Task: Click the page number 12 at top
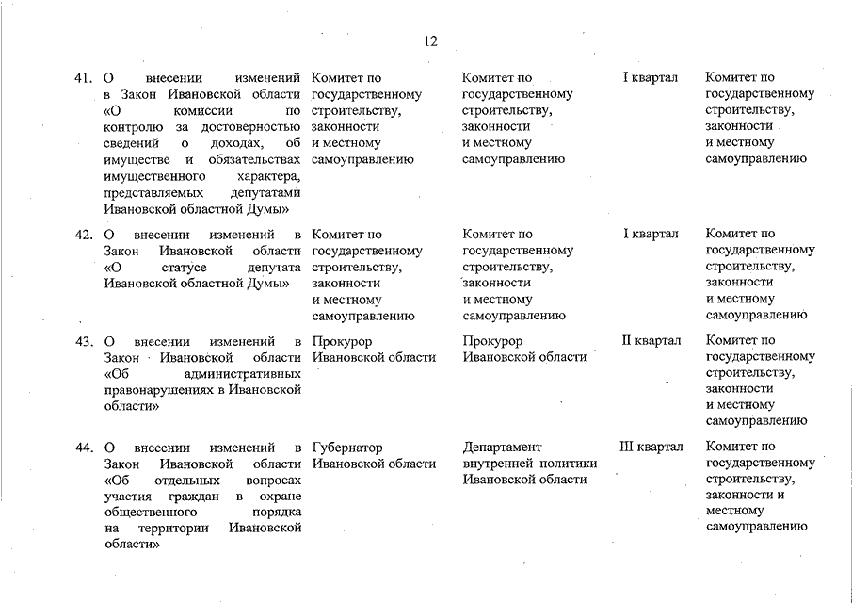pyautogui.click(x=430, y=41)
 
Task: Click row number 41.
pyautogui.click(x=83, y=77)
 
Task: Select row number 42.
pyautogui.click(x=83, y=235)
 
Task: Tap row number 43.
pyautogui.click(x=83, y=341)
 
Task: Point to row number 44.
pyautogui.click(x=83, y=448)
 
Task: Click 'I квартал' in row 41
pyautogui.click(x=650, y=77)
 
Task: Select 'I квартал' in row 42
pyautogui.click(x=650, y=235)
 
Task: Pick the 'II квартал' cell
pyautogui.click(x=651, y=340)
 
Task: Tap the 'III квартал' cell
pyautogui.click(x=651, y=448)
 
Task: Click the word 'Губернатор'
pyautogui.click(x=347, y=448)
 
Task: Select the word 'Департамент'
pyautogui.click(x=503, y=448)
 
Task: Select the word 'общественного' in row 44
pyautogui.click(x=149, y=512)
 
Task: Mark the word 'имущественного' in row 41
pyautogui.click(x=154, y=176)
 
